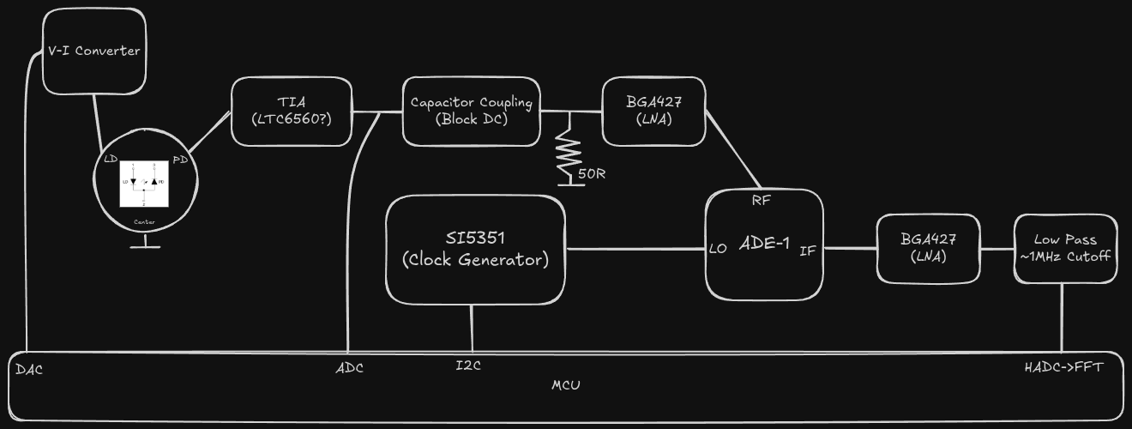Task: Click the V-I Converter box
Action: click(94, 51)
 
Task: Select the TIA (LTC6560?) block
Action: click(292, 112)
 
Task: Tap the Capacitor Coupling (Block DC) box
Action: click(472, 112)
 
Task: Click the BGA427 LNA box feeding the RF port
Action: click(653, 112)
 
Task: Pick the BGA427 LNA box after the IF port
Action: click(928, 249)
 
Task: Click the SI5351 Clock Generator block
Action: click(475, 249)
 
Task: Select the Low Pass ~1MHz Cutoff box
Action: click(1065, 249)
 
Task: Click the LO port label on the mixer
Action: click(719, 250)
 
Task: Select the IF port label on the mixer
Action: click(808, 251)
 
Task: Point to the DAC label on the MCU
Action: click(29, 370)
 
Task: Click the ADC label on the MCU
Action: click(349, 369)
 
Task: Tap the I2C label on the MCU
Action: click(468, 366)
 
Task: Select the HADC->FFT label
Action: click(1063, 367)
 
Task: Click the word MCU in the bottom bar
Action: click(565, 385)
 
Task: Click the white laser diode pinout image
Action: click(145, 183)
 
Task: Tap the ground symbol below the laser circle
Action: click(145, 246)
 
